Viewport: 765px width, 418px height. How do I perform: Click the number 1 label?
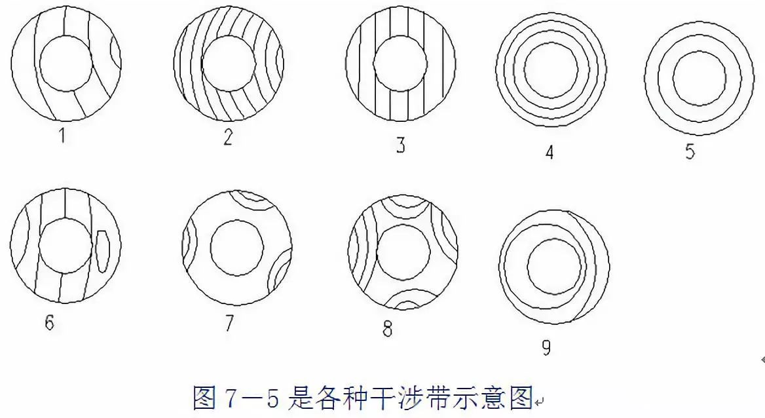(x=62, y=135)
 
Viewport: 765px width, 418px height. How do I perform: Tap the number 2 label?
(x=227, y=137)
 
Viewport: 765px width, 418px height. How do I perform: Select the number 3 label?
(x=400, y=145)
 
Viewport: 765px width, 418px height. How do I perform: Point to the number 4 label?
(x=550, y=152)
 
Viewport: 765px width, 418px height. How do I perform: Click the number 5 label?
(x=690, y=151)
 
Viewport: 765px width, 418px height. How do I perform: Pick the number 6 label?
(x=49, y=322)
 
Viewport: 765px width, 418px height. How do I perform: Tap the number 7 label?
(x=229, y=323)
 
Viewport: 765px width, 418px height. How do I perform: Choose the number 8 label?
(x=387, y=329)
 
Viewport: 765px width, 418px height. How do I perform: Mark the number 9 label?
(x=546, y=347)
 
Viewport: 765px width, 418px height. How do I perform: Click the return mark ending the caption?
(x=538, y=402)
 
